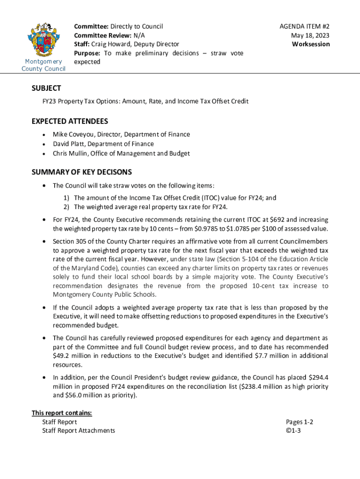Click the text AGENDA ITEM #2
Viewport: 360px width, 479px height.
307,27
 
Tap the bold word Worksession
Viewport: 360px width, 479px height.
311,44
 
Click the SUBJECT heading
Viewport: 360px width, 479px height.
46,88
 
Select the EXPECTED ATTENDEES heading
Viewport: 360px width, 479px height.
70,121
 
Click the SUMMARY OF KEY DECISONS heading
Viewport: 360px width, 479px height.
81,172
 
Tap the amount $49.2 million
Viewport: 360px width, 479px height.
72,356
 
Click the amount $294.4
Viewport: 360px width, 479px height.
318,377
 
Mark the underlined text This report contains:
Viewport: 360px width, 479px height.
62,413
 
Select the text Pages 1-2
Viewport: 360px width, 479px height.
299,422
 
